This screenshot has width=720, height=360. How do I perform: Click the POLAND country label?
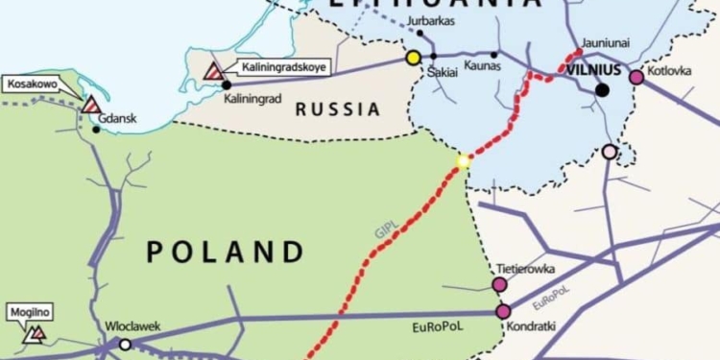coord(227,252)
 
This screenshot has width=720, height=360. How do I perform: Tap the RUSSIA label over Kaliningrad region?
coord(338,109)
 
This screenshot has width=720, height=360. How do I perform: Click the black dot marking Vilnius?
coord(602,90)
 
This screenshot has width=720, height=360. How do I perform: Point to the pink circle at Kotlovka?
coord(636,77)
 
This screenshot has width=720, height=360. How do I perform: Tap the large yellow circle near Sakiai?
coord(414,58)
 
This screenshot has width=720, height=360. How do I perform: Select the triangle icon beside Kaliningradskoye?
coord(215,70)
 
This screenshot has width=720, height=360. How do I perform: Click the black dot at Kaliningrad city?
coord(227,84)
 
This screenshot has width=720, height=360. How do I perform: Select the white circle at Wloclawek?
coord(124,344)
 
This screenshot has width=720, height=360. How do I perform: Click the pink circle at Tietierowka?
coord(499,284)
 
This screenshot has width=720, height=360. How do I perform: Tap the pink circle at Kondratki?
coord(503,311)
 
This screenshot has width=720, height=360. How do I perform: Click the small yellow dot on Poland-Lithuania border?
coord(464,161)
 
